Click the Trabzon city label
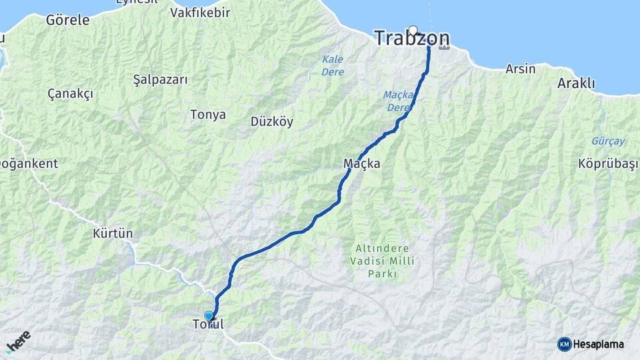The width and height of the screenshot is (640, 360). click(411, 39)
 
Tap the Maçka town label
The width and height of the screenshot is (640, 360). click(361, 163)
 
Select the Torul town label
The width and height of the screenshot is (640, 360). click(208, 325)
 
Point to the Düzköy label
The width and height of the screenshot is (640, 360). click(271, 121)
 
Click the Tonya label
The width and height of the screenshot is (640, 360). click(208, 115)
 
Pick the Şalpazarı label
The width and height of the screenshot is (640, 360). click(160, 79)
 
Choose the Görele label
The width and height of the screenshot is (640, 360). click(67, 20)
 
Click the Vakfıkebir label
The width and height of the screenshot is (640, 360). click(200, 13)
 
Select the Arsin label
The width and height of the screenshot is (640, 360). click(520, 69)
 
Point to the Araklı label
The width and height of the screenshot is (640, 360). click(576, 83)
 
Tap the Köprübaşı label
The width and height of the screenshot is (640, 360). click(604, 164)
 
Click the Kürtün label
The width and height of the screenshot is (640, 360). click(113, 233)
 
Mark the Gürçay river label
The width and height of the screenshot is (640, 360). click(608, 141)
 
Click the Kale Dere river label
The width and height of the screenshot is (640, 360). click(333, 65)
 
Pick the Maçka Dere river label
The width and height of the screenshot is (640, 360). click(399, 101)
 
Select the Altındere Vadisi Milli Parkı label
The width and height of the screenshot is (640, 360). click(383, 261)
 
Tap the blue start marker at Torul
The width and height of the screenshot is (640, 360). click(209, 316)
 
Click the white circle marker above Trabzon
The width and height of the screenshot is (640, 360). click(413, 29)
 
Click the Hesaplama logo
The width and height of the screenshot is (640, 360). click(591, 344)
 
